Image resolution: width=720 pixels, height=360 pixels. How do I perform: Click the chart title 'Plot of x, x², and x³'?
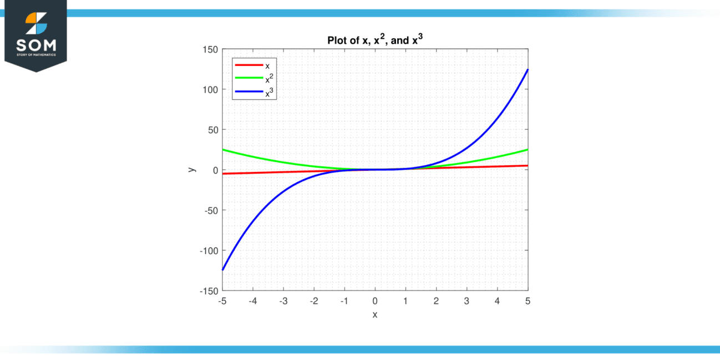point(374,40)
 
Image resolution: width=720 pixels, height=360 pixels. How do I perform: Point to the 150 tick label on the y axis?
point(210,49)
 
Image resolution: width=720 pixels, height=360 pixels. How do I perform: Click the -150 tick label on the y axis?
point(209,291)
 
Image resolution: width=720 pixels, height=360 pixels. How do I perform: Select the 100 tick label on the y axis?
point(210,89)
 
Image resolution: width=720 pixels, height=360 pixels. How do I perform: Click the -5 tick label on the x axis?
point(222,301)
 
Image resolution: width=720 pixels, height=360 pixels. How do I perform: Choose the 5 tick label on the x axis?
point(528,301)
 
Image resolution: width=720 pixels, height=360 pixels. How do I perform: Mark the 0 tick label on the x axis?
point(375,301)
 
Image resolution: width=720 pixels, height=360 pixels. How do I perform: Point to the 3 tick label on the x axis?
point(467,301)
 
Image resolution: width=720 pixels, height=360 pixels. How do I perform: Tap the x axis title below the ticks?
point(375,315)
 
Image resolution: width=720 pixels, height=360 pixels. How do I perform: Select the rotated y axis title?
point(191,170)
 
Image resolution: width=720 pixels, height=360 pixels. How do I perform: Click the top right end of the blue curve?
point(527,70)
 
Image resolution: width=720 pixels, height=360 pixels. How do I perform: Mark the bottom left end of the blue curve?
point(223,270)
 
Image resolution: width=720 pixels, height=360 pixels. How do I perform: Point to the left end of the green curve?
point(223,149)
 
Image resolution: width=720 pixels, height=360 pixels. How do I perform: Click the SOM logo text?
point(36,45)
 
